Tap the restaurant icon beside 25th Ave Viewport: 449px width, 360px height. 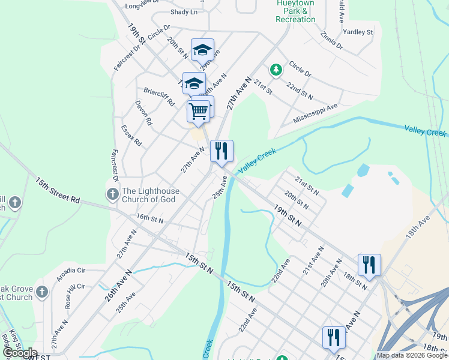point(221,151)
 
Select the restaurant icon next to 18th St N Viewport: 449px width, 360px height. point(369,265)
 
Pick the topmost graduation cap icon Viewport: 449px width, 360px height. point(203,49)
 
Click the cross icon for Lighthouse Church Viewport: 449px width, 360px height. point(112,193)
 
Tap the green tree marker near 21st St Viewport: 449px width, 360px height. point(276,70)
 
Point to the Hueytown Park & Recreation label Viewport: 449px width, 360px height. point(295,11)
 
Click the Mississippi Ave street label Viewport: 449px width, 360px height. point(316,113)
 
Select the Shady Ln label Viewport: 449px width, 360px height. point(184,12)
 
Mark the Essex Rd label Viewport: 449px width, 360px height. point(131,136)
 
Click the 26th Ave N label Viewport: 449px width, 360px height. point(120,286)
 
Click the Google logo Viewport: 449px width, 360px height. point(20,353)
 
